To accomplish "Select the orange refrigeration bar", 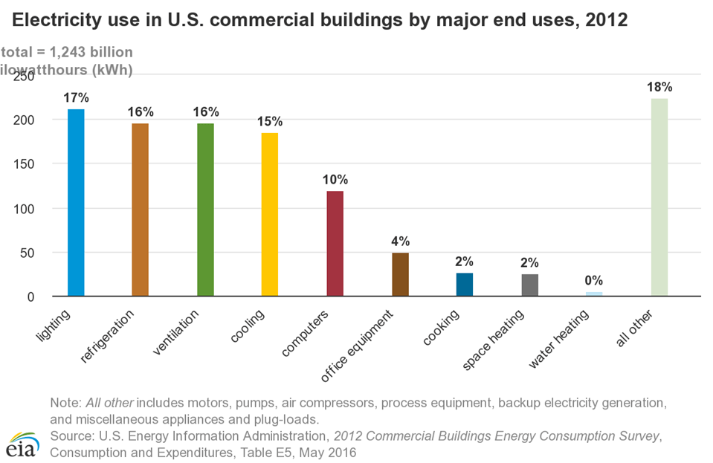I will click(141, 210).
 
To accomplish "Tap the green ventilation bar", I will click(205, 210).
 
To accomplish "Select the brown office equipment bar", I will click(400, 274).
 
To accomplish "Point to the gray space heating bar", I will click(530, 285).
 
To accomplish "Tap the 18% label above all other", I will click(659, 86).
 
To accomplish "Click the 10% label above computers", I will click(335, 179).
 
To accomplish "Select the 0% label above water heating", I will click(594, 280).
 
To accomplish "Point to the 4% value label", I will click(400, 241).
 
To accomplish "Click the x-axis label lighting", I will click(54, 328).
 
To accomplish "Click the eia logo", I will click(22, 443).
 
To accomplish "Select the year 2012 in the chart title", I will click(606, 20).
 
